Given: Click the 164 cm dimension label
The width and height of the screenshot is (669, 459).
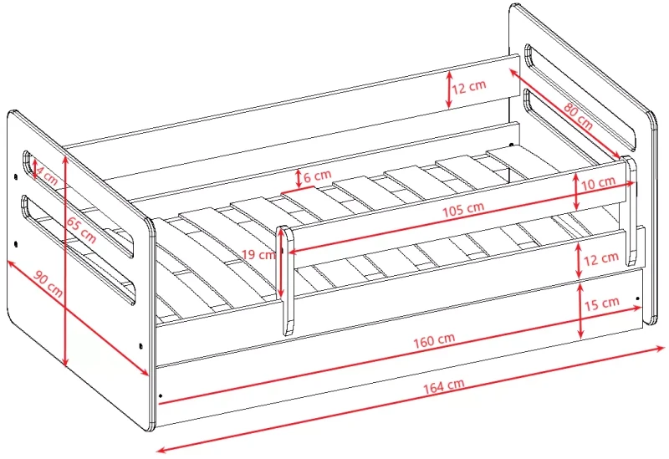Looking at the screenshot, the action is coord(444,386).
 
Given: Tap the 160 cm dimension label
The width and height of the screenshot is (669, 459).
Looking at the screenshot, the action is coord(434,340).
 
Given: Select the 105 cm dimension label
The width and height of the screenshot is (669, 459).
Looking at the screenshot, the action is coord(463,210).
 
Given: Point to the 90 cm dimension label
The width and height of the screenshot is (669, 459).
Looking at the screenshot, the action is coord(49,284).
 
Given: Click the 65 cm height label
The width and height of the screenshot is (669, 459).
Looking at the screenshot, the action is coord(81,230).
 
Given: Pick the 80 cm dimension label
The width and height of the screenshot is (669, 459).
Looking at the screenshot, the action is coord(578,115).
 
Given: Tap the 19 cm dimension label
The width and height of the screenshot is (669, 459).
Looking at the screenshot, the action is coord(258,255).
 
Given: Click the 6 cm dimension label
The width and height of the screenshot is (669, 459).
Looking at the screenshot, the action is coord(318,176).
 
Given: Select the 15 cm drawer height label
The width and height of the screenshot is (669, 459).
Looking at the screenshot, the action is coord(601,303).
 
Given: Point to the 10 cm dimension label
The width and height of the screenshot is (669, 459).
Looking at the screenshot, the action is coord(598,183).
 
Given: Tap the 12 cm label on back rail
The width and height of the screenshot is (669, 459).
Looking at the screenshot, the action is coord(469,87).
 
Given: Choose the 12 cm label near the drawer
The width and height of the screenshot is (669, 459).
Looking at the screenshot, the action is coord(600,258).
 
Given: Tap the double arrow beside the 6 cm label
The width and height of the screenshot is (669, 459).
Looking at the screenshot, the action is coord(299,179).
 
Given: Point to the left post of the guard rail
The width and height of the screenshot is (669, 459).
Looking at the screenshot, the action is coord(286,280).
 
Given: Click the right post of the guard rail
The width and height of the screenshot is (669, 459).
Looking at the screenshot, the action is coord(631,212).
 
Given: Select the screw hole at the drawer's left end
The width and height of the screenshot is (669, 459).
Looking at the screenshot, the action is coord(161,395).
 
